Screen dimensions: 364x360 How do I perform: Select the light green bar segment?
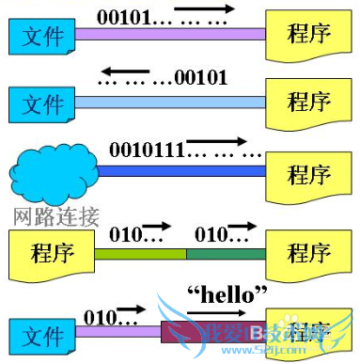[x=141, y=253]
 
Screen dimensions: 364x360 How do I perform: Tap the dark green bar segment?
[x=227, y=253]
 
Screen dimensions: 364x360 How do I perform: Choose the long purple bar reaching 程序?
[x=169, y=34]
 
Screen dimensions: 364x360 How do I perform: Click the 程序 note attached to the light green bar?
[x=52, y=252]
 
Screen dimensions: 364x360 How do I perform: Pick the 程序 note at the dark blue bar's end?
[x=306, y=174]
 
